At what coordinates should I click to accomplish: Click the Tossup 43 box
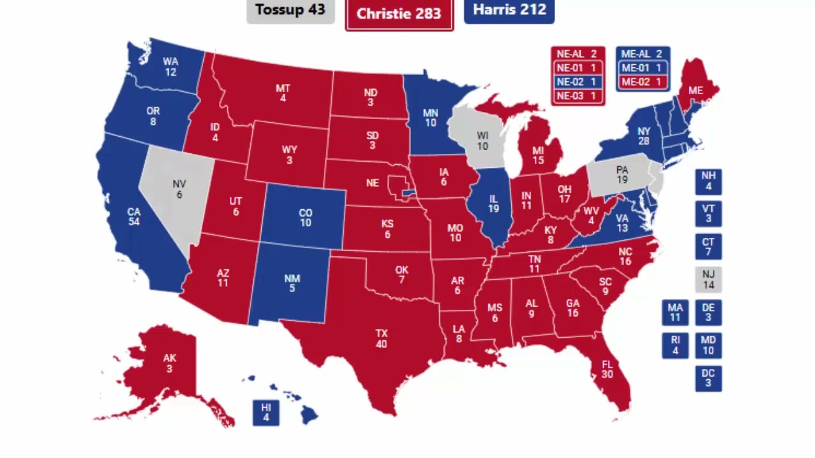(290, 11)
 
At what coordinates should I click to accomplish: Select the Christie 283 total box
(399, 14)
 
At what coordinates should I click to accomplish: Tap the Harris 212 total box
(509, 11)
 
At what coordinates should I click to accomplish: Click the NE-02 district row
(578, 82)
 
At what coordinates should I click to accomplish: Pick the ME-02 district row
(642, 82)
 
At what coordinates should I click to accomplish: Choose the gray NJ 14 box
(708, 280)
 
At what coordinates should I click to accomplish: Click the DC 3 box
(708, 378)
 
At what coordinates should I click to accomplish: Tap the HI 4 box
(266, 412)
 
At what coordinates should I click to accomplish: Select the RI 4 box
(675, 345)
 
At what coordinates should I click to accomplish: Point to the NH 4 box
(708, 181)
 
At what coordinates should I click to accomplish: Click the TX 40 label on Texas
(381, 339)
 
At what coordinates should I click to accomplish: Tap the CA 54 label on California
(134, 216)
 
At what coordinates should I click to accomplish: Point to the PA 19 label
(621, 175)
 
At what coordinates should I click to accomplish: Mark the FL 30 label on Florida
(606, 370)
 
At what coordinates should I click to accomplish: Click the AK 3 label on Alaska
(169, 363)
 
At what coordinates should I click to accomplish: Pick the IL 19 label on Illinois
(493, 204)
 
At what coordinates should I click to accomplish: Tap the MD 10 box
(708, 345)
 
